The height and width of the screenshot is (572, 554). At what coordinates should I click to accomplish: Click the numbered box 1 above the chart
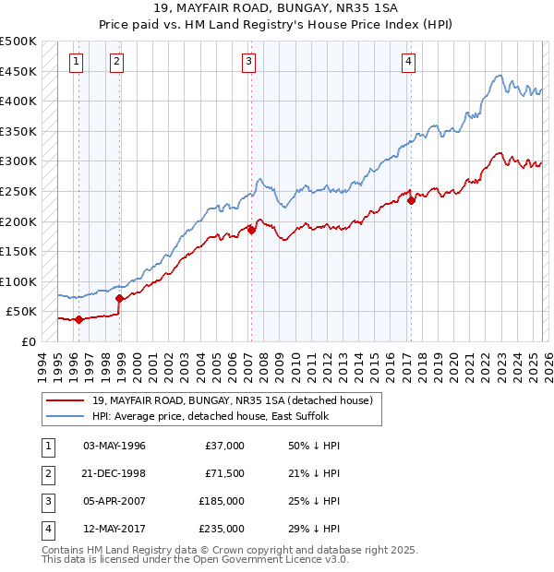pos(75,62)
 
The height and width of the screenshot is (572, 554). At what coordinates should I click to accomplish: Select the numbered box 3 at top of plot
pos(249,62)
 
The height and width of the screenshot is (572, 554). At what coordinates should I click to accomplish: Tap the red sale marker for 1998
pos(119,298)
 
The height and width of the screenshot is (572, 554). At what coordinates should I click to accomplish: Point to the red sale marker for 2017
pos(410,200)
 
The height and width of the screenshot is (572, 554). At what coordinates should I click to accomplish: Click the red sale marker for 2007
pos(251,231)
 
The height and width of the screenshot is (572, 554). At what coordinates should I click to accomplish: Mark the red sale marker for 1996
pos(78,319)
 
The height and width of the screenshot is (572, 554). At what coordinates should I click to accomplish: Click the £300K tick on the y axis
pos(18,161)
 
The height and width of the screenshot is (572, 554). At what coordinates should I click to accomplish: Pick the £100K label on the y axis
pos(18,281)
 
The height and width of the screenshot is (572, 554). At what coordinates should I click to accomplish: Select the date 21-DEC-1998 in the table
pos(114,473)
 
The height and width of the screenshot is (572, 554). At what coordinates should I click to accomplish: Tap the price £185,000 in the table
pos(222,501)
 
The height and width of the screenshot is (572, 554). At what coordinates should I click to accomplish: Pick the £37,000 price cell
pos(224,446)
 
